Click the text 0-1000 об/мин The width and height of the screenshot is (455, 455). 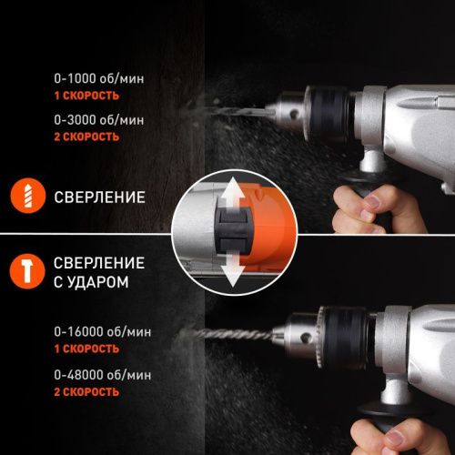[x=96, y=79]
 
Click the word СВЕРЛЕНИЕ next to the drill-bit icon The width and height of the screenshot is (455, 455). [x=100, y=196]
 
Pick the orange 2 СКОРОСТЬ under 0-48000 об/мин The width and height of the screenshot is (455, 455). [x=86, y=391]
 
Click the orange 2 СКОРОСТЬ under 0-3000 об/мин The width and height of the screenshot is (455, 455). [x=86, y=136]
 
